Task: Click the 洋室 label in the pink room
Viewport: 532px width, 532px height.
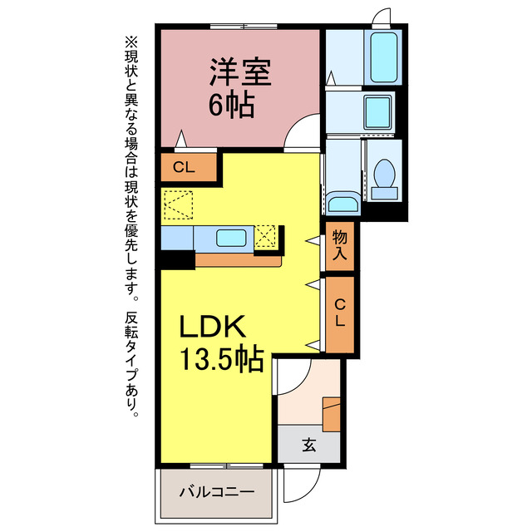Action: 239,73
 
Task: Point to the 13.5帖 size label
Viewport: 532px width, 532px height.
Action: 222,359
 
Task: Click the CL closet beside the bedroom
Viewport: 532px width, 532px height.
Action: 185,167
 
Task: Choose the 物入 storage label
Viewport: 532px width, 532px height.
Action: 341,246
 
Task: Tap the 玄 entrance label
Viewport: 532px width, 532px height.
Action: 308,445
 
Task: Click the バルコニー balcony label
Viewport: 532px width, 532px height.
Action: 216,491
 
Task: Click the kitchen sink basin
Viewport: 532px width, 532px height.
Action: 230,238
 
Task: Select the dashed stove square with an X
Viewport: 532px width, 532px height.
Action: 266,237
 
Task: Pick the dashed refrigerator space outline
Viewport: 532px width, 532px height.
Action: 178,204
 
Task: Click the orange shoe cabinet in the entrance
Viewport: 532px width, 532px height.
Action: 332,414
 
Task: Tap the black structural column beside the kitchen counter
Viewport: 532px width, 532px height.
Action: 176,259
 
